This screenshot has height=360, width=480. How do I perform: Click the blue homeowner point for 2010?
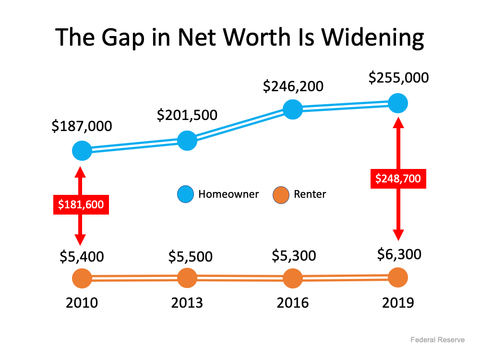[82, 151]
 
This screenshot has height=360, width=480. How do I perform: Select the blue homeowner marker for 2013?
[187, 140]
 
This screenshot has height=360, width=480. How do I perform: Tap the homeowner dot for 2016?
[292, 109]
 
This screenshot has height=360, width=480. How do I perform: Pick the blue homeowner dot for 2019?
[398, 103]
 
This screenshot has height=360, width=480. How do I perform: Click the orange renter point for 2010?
[82, 278]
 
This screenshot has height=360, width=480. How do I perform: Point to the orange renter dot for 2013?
[187, 277]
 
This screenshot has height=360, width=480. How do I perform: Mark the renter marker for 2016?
[292, 278]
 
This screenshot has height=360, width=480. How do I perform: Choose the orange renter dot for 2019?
[398, 277]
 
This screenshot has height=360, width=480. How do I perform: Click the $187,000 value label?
[82, 126]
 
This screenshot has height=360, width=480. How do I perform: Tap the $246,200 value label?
[293, 86]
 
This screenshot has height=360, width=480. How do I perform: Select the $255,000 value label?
[398, 78]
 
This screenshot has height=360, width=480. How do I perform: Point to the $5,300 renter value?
[293, 256]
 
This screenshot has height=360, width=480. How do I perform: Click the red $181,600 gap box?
[81, 204]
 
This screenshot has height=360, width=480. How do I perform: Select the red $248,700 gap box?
[398, 179]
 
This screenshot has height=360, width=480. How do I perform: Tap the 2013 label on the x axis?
[187, 303]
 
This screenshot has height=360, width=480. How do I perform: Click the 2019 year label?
[398, 303]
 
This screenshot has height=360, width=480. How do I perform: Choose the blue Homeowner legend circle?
[185, 194]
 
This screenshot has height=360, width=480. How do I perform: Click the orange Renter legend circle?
[281, 194]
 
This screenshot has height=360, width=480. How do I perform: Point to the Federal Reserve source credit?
[437, 340]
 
